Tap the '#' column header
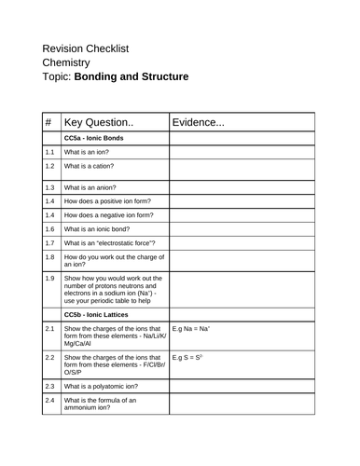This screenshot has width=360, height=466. pos(48,122)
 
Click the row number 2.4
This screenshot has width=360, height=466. pos(49,426)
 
